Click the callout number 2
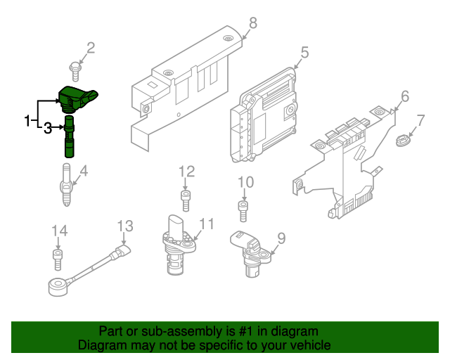90,49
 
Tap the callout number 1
27,121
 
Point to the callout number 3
48,127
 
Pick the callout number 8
252,22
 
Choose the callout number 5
304,52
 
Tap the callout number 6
404,96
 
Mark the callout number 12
186,172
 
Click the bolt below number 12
186,200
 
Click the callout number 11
206,224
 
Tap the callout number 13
124,226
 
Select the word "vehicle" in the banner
307,345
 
